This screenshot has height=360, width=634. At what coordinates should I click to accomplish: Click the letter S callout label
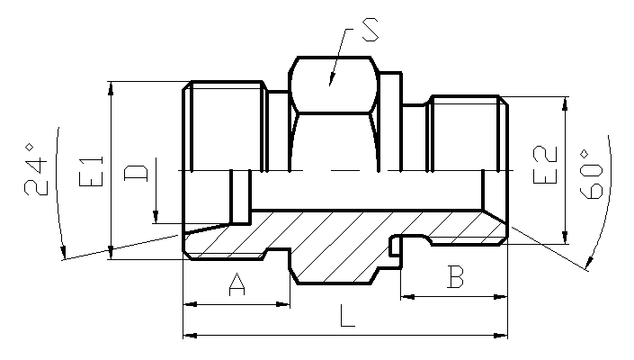click(371, 30)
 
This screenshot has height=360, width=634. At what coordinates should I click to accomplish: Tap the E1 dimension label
click(92, 171)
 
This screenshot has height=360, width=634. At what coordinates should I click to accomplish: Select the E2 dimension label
click(545, 165)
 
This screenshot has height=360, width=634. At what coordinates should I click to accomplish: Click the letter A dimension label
click(237, 284)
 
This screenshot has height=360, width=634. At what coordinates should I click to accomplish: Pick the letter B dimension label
click(455, 276)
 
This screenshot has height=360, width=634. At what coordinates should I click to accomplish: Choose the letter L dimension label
click(347, 316)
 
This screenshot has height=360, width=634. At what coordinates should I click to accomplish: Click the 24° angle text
click(36, 168)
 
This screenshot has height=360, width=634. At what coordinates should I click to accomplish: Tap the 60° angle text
click(591, 175)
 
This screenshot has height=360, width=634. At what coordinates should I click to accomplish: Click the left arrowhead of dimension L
click(190, 336)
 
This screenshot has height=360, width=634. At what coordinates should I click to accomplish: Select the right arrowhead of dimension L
click(501, 336)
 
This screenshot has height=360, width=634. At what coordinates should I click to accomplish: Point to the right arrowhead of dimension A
click(283, 304)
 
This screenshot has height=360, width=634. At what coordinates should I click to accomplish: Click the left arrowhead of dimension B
click(407, 297)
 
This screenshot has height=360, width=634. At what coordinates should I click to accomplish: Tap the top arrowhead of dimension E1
click(112, 88)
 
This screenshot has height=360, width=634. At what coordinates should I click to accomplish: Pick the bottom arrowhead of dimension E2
click(565, 237)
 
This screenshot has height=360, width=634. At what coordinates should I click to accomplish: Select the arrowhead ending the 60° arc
click(589, 264)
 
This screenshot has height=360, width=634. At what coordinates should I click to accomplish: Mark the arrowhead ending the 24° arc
click(63, 252)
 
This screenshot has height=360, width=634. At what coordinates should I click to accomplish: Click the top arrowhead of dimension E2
click(565, 104)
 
